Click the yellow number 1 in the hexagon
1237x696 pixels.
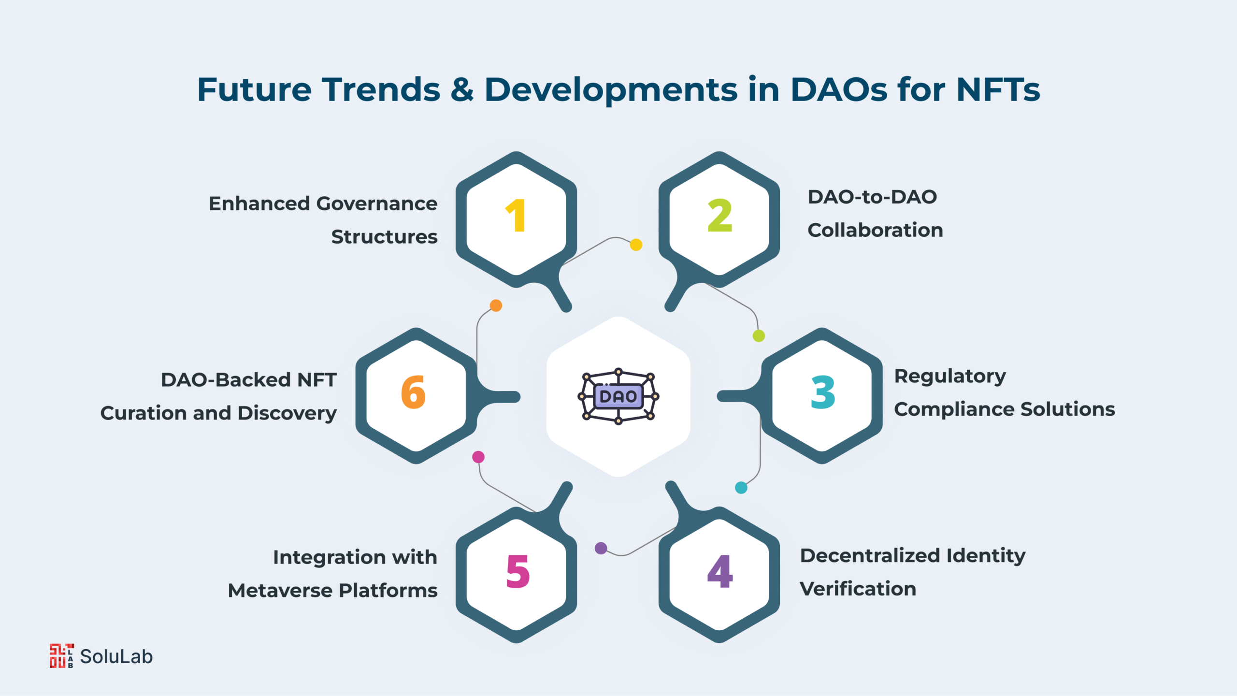(516, 216)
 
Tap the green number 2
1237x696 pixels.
(719, 216)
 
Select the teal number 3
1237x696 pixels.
(822, 392)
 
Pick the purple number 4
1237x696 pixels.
(720, 571)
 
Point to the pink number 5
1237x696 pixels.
(518, 571)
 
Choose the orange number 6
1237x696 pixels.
(413, 392)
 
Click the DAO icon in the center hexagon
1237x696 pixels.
(618, 396)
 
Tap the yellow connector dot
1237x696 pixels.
(636, 245)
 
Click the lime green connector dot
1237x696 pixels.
(759, 335)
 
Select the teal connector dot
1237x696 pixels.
(741, 488)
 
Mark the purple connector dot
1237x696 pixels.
(601, 548)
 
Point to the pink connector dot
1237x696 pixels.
(478, 457)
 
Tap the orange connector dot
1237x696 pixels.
(496, 305)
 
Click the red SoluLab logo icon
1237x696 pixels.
(61, 656)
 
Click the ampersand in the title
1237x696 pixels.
(462, 89)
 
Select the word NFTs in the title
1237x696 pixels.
(998, 89)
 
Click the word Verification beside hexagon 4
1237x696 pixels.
(858, 589)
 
